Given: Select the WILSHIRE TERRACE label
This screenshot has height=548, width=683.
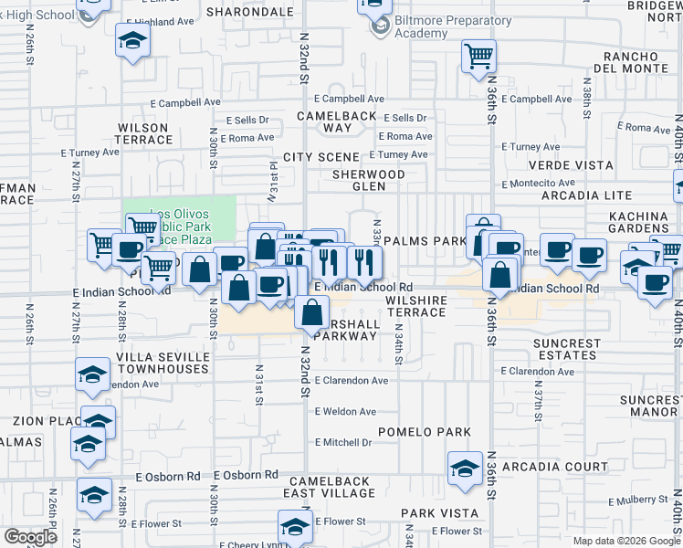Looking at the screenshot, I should coord(415,306).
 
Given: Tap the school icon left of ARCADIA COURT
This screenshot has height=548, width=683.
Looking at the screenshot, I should coord(465,469).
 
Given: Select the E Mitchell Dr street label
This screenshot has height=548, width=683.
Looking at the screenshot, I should coord(343,442).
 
